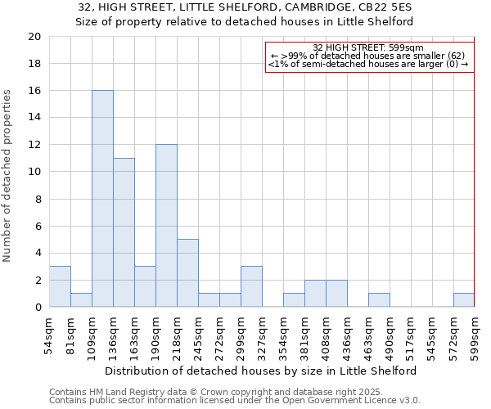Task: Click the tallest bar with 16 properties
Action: pyautogui.click(x=102, y=199)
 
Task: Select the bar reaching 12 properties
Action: pyautogui.click(x=166, y=226)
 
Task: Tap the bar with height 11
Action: pyautogui.click(x=124, y=232)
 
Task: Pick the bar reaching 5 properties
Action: pyautogui.click(x=187, y=273)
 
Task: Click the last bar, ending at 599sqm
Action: pyautogui.click(x=464, y=300)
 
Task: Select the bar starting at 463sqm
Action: pyautogui.click(x=379, y=300)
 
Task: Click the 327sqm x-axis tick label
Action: pyautogui.click(x=263, y=336)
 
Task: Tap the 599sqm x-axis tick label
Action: pyautogui.click(x=475, y=336)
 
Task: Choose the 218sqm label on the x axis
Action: pyautogui.click(x=178, y=336)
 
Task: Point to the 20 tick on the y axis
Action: pyautogui.click(x=34, y=37)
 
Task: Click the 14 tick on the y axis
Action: pyautogui.click(x=34, y=118)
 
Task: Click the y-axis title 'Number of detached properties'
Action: pyautogui.click(x=7, y=176)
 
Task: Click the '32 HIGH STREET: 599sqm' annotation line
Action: pyautogui.click(x=367, y=47)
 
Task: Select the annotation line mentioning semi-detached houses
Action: pyautogui.click(x=367, y=64)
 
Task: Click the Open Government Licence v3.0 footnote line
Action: pyautogui.click(x=234, y=400)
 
